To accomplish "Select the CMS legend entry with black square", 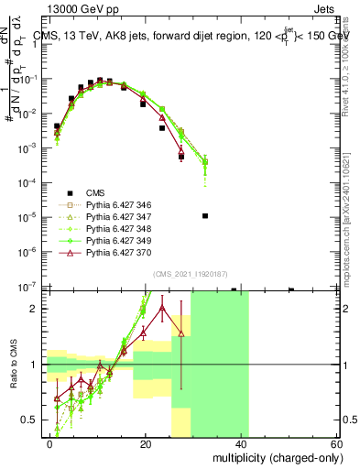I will click(x=95, y=192).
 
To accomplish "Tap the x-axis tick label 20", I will click(x=146, y=443).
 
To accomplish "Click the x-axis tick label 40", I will click(x=241, y=443).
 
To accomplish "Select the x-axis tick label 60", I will click(x=335, y=443).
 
